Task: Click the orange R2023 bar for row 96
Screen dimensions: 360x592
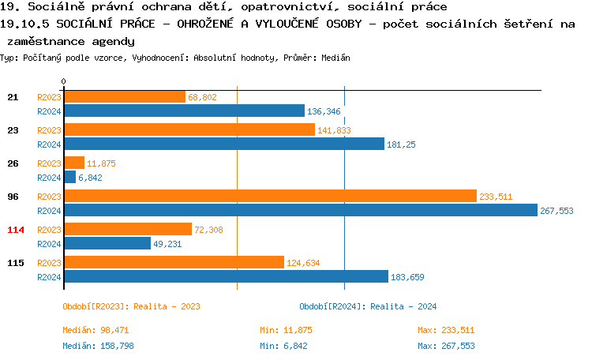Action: tap(270, 197)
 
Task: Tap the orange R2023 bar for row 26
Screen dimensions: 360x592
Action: tap(73, 163)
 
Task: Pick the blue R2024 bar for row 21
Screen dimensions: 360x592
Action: tap(184, 111)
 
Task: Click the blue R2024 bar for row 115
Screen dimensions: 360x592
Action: tap(226, 276)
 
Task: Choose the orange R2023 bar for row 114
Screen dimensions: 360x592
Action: tap(127, 229)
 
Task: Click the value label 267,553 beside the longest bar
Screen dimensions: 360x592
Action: tap(556, 211)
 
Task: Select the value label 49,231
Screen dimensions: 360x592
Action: tap(167, 244)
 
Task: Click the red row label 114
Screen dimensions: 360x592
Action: tap(16, 229)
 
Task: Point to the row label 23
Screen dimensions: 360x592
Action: tap(13, 129)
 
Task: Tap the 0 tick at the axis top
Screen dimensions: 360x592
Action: tap(63, 82)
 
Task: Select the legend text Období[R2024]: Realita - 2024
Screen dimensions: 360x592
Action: tap(368, 306)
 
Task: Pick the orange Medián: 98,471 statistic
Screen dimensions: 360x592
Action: tap(96, 330)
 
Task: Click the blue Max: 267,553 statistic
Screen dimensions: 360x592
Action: tap(446, 346)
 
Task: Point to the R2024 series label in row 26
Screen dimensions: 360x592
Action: tap(49, 178)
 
